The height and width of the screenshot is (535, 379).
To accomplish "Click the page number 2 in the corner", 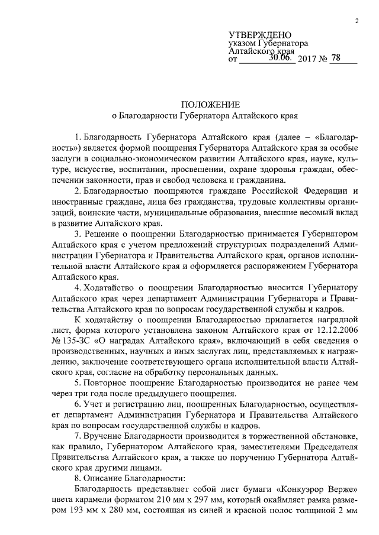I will [357, 22].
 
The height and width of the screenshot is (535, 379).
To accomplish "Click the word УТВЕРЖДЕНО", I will [260, 36].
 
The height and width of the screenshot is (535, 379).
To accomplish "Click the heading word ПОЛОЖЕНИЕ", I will [205, 103].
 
